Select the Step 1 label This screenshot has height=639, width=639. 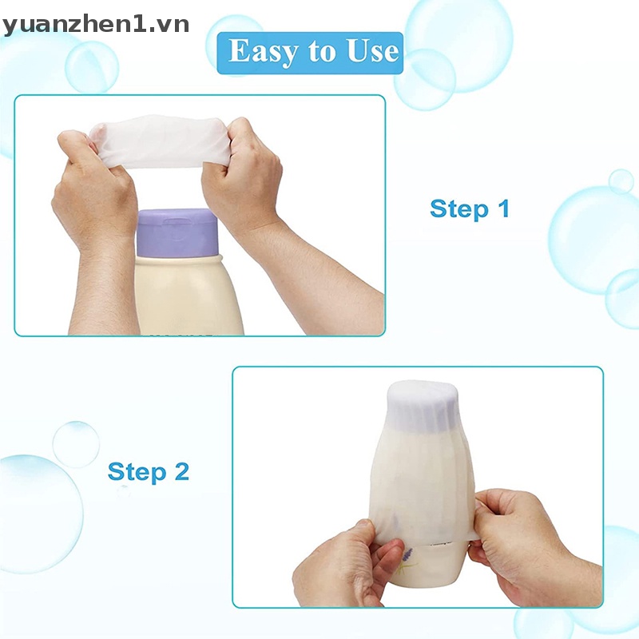click(469, 209)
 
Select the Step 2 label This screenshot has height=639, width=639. click(149, 471)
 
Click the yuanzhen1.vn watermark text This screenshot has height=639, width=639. click(96, 24)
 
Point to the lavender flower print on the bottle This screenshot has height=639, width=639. click(407, 554)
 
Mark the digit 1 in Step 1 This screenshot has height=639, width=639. click(503, 209)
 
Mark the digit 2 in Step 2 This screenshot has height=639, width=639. click(181, 471)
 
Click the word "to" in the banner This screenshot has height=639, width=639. click(322, 54)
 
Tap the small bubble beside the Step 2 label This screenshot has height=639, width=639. click(76, 444)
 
